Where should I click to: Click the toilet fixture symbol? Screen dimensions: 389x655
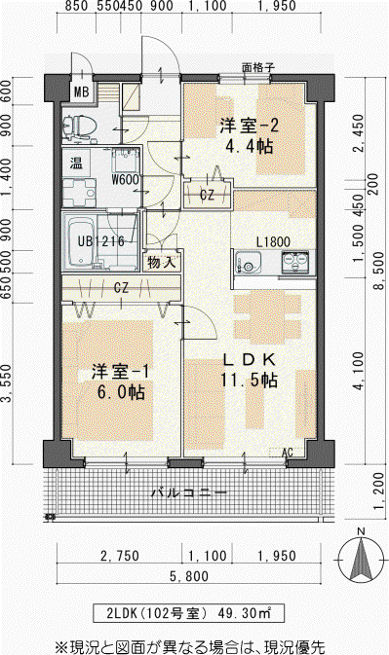80,127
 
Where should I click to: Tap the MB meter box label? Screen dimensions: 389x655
81,91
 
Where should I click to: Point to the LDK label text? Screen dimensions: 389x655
250,359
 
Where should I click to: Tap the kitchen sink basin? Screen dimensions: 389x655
248,263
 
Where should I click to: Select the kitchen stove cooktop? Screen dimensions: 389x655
294,262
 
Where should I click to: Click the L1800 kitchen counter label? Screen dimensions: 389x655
273,242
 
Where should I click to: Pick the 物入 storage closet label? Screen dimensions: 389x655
161,263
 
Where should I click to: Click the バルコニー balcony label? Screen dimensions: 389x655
189,492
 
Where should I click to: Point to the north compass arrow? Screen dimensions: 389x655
361,559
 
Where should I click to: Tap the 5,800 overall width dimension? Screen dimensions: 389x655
189,576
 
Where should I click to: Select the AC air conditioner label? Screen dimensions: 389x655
288,453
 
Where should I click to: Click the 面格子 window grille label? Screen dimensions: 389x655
258,68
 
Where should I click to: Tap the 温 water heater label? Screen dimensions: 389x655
76,163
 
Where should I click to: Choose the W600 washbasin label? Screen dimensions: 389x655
125,180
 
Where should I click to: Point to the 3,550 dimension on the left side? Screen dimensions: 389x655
6,383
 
